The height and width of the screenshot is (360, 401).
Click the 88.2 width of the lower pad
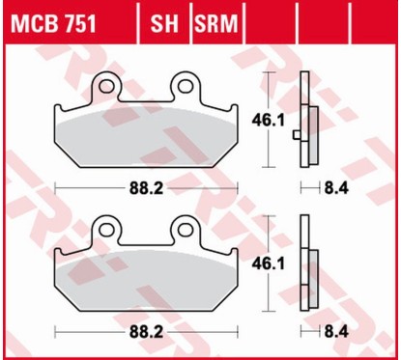point(146,328)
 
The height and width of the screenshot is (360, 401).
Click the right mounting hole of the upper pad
point(182,89)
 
